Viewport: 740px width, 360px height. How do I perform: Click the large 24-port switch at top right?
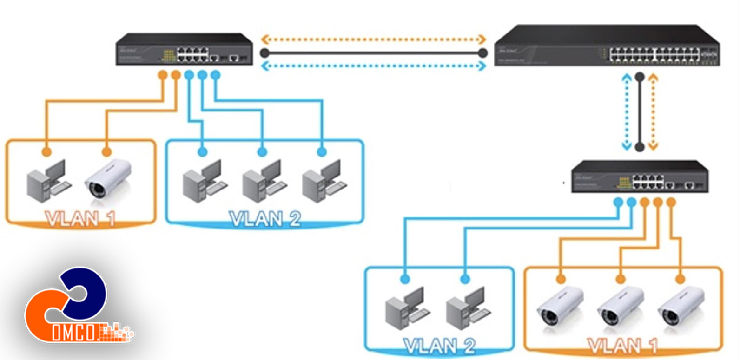607,47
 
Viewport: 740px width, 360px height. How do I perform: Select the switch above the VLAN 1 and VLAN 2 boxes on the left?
184,49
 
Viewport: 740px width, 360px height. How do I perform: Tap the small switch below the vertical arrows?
640,177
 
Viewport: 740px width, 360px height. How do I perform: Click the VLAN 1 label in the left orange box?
79,218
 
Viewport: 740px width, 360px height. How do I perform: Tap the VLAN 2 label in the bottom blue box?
439,346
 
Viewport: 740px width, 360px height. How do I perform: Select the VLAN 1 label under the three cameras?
622,346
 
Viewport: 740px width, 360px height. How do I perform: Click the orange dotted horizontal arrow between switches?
373,39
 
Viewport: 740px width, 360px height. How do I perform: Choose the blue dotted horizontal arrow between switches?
373,66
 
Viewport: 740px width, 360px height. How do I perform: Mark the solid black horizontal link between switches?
373,53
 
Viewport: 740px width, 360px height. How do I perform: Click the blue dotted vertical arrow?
627,111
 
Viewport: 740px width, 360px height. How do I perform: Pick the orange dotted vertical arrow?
653,111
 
